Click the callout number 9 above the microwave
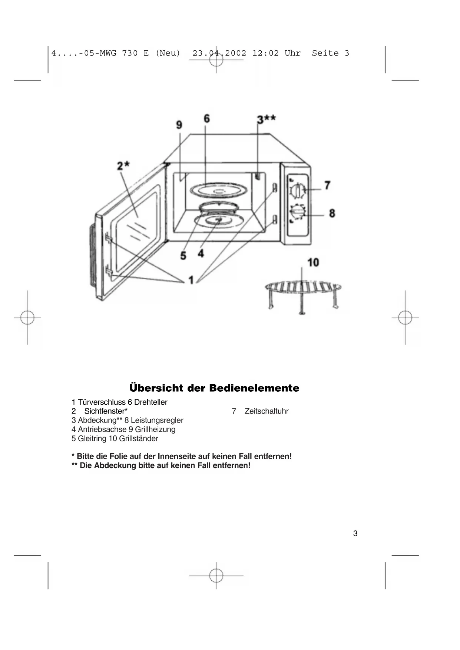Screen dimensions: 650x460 [x=179, y=125]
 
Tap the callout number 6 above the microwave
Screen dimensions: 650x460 [x=206, y=119]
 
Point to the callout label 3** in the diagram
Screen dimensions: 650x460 [x=266, y=119]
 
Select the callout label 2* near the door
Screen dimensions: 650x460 [x=123, y=166]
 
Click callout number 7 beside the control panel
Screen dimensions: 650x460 [x=327, y=185]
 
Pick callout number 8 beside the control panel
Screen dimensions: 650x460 [x=332, y=213]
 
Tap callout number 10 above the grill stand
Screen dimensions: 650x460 [x=313, y=262]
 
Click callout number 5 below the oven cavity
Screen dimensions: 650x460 [x=183, y=255]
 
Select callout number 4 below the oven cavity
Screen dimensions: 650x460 [x=201, y=253]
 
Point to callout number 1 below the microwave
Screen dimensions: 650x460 [x=191, y=280]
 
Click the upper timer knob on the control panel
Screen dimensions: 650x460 [x=297, y=190]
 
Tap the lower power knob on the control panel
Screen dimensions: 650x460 [x=297, y=213]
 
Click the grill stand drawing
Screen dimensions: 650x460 [x=303, y=293]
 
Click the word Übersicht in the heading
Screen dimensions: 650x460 [x=156, y=388]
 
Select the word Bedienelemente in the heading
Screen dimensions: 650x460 [x=254, y=388]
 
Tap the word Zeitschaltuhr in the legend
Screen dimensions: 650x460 [x=266, y=411]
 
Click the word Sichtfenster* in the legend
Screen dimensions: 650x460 [x=106, y=411]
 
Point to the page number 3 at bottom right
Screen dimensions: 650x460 [x=355, y=533]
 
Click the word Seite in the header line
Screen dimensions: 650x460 [x=325, y=53]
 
